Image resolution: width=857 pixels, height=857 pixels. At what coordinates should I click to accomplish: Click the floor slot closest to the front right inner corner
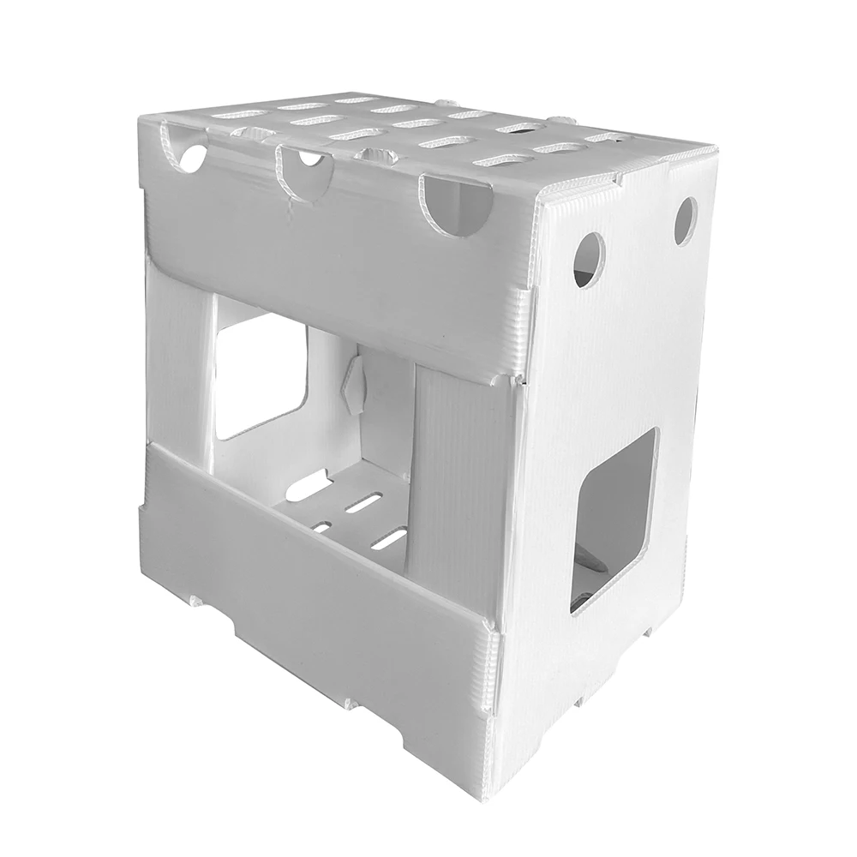(x=392, y=538)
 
